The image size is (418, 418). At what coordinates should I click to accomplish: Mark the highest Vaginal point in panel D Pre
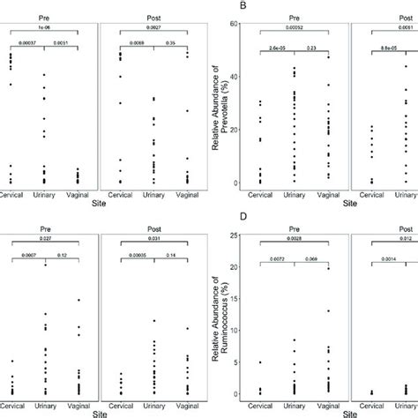point(327,268)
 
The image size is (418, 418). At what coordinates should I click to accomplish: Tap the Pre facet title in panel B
point(295,15)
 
